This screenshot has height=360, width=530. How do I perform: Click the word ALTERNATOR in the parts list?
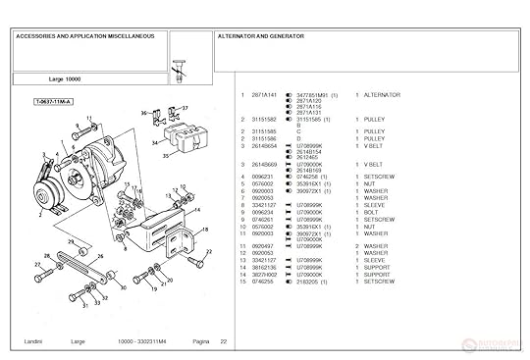(382, 95)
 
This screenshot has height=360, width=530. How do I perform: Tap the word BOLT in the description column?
(372, 212)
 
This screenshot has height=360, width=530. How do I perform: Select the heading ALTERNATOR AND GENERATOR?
(260, 36)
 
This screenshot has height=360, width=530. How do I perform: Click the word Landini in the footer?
(29, 341)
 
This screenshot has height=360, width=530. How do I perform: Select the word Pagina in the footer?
(201, 341)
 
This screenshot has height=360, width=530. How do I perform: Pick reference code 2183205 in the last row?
(309, 282)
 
